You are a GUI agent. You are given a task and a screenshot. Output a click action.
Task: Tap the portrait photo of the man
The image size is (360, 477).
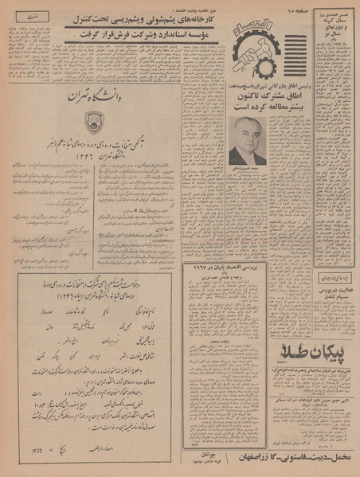(x=248, y=140)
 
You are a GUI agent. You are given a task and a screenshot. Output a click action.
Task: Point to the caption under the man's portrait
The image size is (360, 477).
(x=248, y=170)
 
